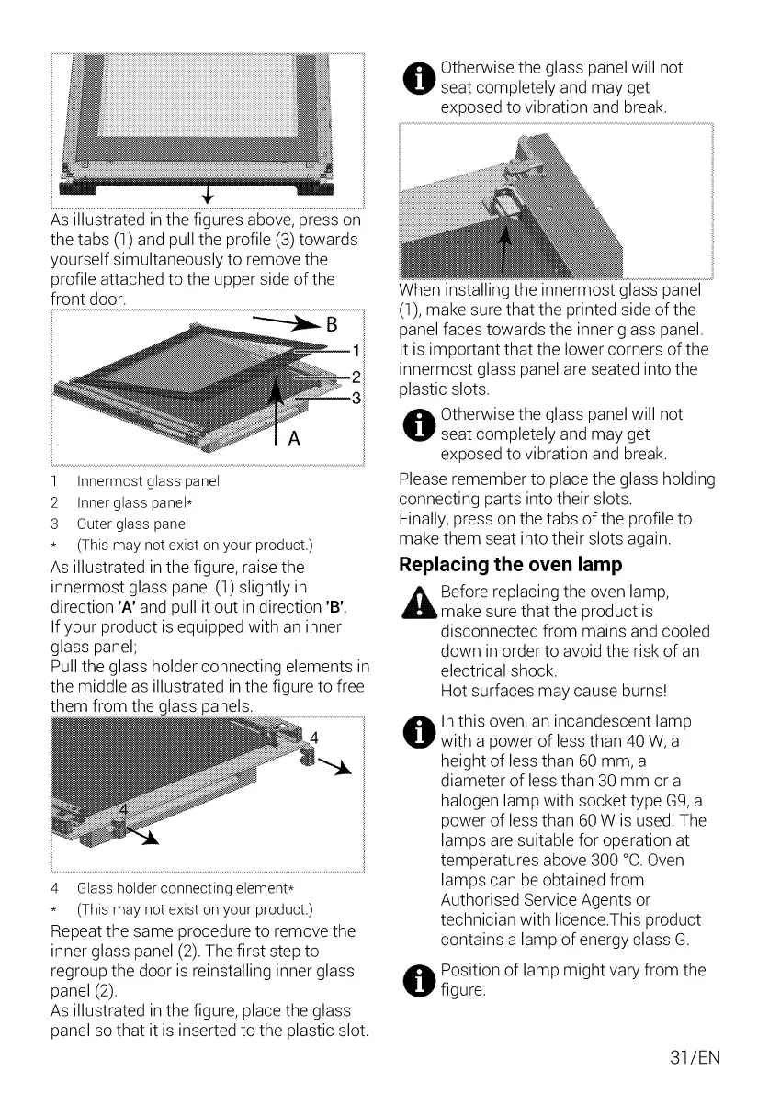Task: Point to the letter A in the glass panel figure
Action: pyautogui.click(x=294, y=439)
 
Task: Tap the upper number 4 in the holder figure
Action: pyautogui.click(x=313, y=738)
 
